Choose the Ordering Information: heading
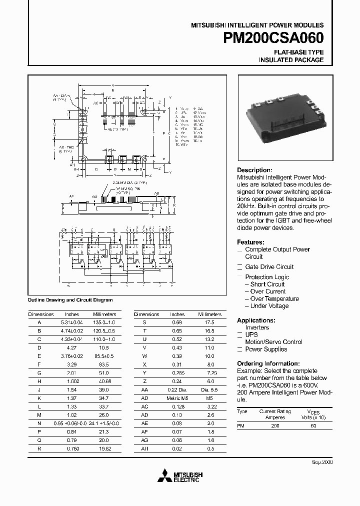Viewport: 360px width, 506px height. (x=268, y=363)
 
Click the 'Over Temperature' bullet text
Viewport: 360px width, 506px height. (x=271, y=299)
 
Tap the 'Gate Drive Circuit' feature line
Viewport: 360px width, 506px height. (x=269, y=267)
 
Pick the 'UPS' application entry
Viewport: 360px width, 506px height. (x=251, y=334)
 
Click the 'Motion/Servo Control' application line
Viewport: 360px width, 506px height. (x=273, y=342)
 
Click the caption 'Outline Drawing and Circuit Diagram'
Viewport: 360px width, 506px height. (x=70, y=300)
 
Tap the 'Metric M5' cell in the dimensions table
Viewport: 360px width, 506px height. (x=177, y=398)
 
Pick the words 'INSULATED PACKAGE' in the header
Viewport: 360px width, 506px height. (x=291, y=60)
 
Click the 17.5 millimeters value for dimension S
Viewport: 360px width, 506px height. (x=209, y=322)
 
